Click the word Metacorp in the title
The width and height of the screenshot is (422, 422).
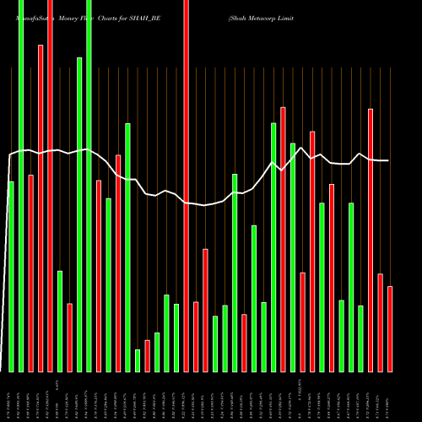(x=265, y=16)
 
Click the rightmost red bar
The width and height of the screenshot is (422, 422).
(x=390, y=328)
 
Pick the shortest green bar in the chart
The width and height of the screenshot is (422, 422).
(x=138, y=360)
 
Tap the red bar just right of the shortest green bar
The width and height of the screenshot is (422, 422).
(x=147, y=355)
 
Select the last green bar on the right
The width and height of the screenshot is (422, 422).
(x=360, y=338)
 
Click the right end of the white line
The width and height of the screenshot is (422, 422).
(x=388, y=160)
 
